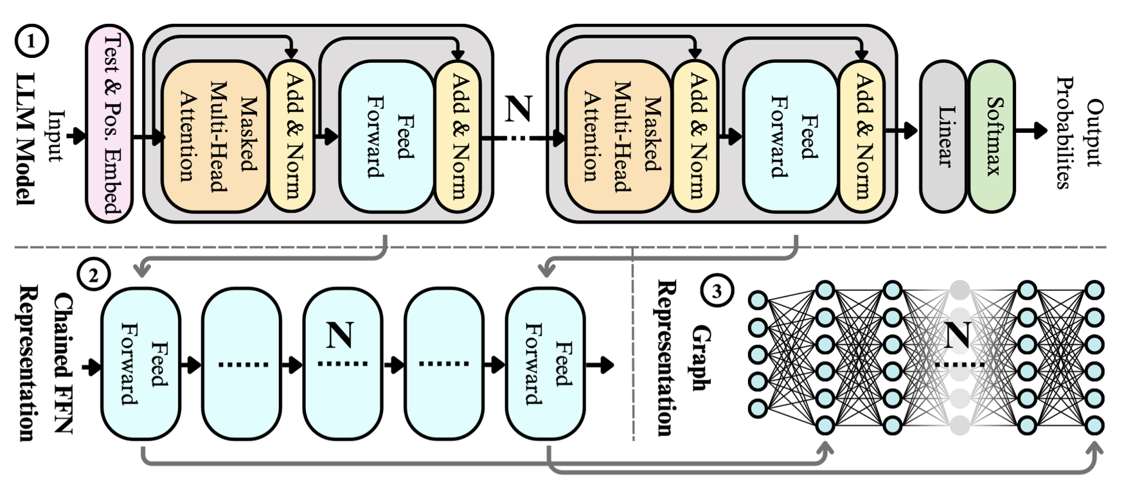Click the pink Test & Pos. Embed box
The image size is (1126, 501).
pyautogui.click(x=109, y=123)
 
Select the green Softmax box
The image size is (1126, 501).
pyautogui.click(x=992, y=136)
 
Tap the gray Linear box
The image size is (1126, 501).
pyautogui.click(x=943, y=136)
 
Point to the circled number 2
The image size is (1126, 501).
pyautogui.click(x=94, y=275)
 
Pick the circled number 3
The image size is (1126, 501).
pyautogui.click(x=716, y=291)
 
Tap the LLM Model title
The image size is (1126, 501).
pyautogui.click(x=26, y=137)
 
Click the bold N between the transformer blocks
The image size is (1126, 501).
pyautogui.click(x=518, y=109)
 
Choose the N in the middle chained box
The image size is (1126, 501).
pyautogui.click(x=341, y=335)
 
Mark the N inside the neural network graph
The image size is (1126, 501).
pyautogui.click(x=958, y=335)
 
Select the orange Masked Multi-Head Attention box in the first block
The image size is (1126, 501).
pyautogui.click(x=214, y=136)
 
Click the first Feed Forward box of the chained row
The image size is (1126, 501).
pyautogui.click(x=141, y=364)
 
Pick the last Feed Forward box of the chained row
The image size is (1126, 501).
pyautogui.click(x=546, y=364)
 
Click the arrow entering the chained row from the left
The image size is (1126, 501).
pyautogui.click(x=93, y=368)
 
